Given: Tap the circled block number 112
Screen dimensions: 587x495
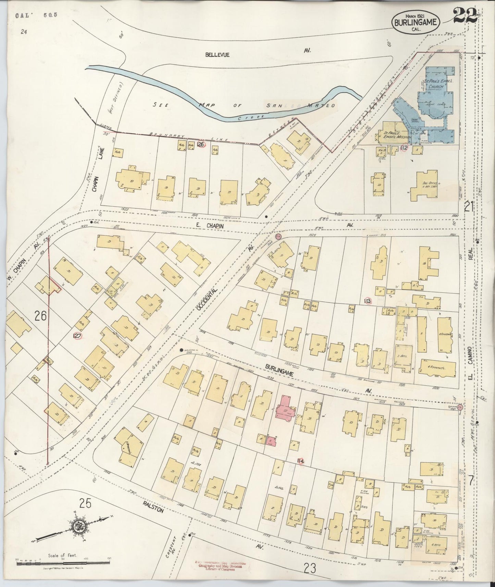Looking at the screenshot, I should (x=404, y=148).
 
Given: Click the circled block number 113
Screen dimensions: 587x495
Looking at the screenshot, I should (x=368, y=301).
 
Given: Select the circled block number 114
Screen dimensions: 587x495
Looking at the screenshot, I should (x=301, y=461).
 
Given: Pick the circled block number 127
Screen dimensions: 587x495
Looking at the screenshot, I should (x=77, y=336).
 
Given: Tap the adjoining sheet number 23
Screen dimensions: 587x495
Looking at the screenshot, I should (x=309, y=569).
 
